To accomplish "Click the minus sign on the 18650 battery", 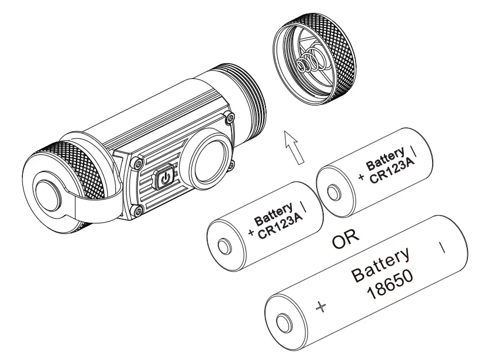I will (x=443, y=246).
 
